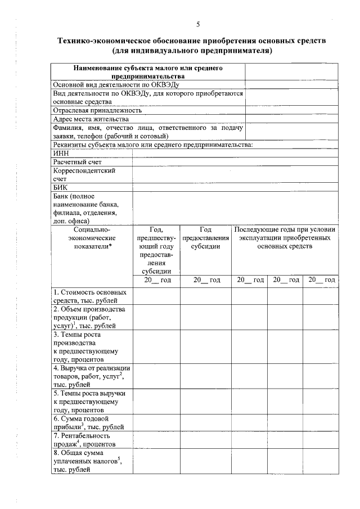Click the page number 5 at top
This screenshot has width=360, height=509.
pos(198,24)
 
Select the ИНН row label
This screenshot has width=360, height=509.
pos(60,152)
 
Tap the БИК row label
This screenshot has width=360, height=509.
pos(60,187)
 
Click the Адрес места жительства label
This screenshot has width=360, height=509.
pos(91,119)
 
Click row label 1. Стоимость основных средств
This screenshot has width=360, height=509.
pos(89,296)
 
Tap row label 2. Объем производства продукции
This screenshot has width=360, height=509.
pos(89,317)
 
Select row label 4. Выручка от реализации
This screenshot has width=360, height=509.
pos(89,376)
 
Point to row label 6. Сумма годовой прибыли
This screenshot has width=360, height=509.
pos(89,423)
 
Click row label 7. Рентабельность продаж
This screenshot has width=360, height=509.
pos(89,439)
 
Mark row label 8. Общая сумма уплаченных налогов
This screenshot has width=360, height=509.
pos(89,461)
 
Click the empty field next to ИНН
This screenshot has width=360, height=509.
pos(235,152)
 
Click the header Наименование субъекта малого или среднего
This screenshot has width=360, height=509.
pos(148,71)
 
